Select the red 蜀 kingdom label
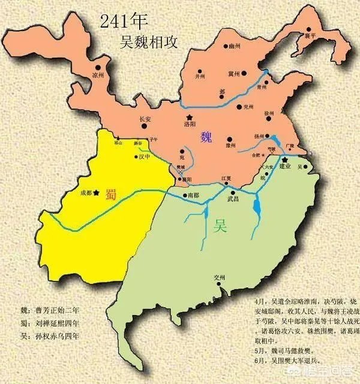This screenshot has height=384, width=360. pyautogui.click(x=111, y=194)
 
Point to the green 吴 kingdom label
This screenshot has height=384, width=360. pyautogui.click(x=220, y=226)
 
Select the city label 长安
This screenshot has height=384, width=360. pyautogui.click(x=146, y=119)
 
